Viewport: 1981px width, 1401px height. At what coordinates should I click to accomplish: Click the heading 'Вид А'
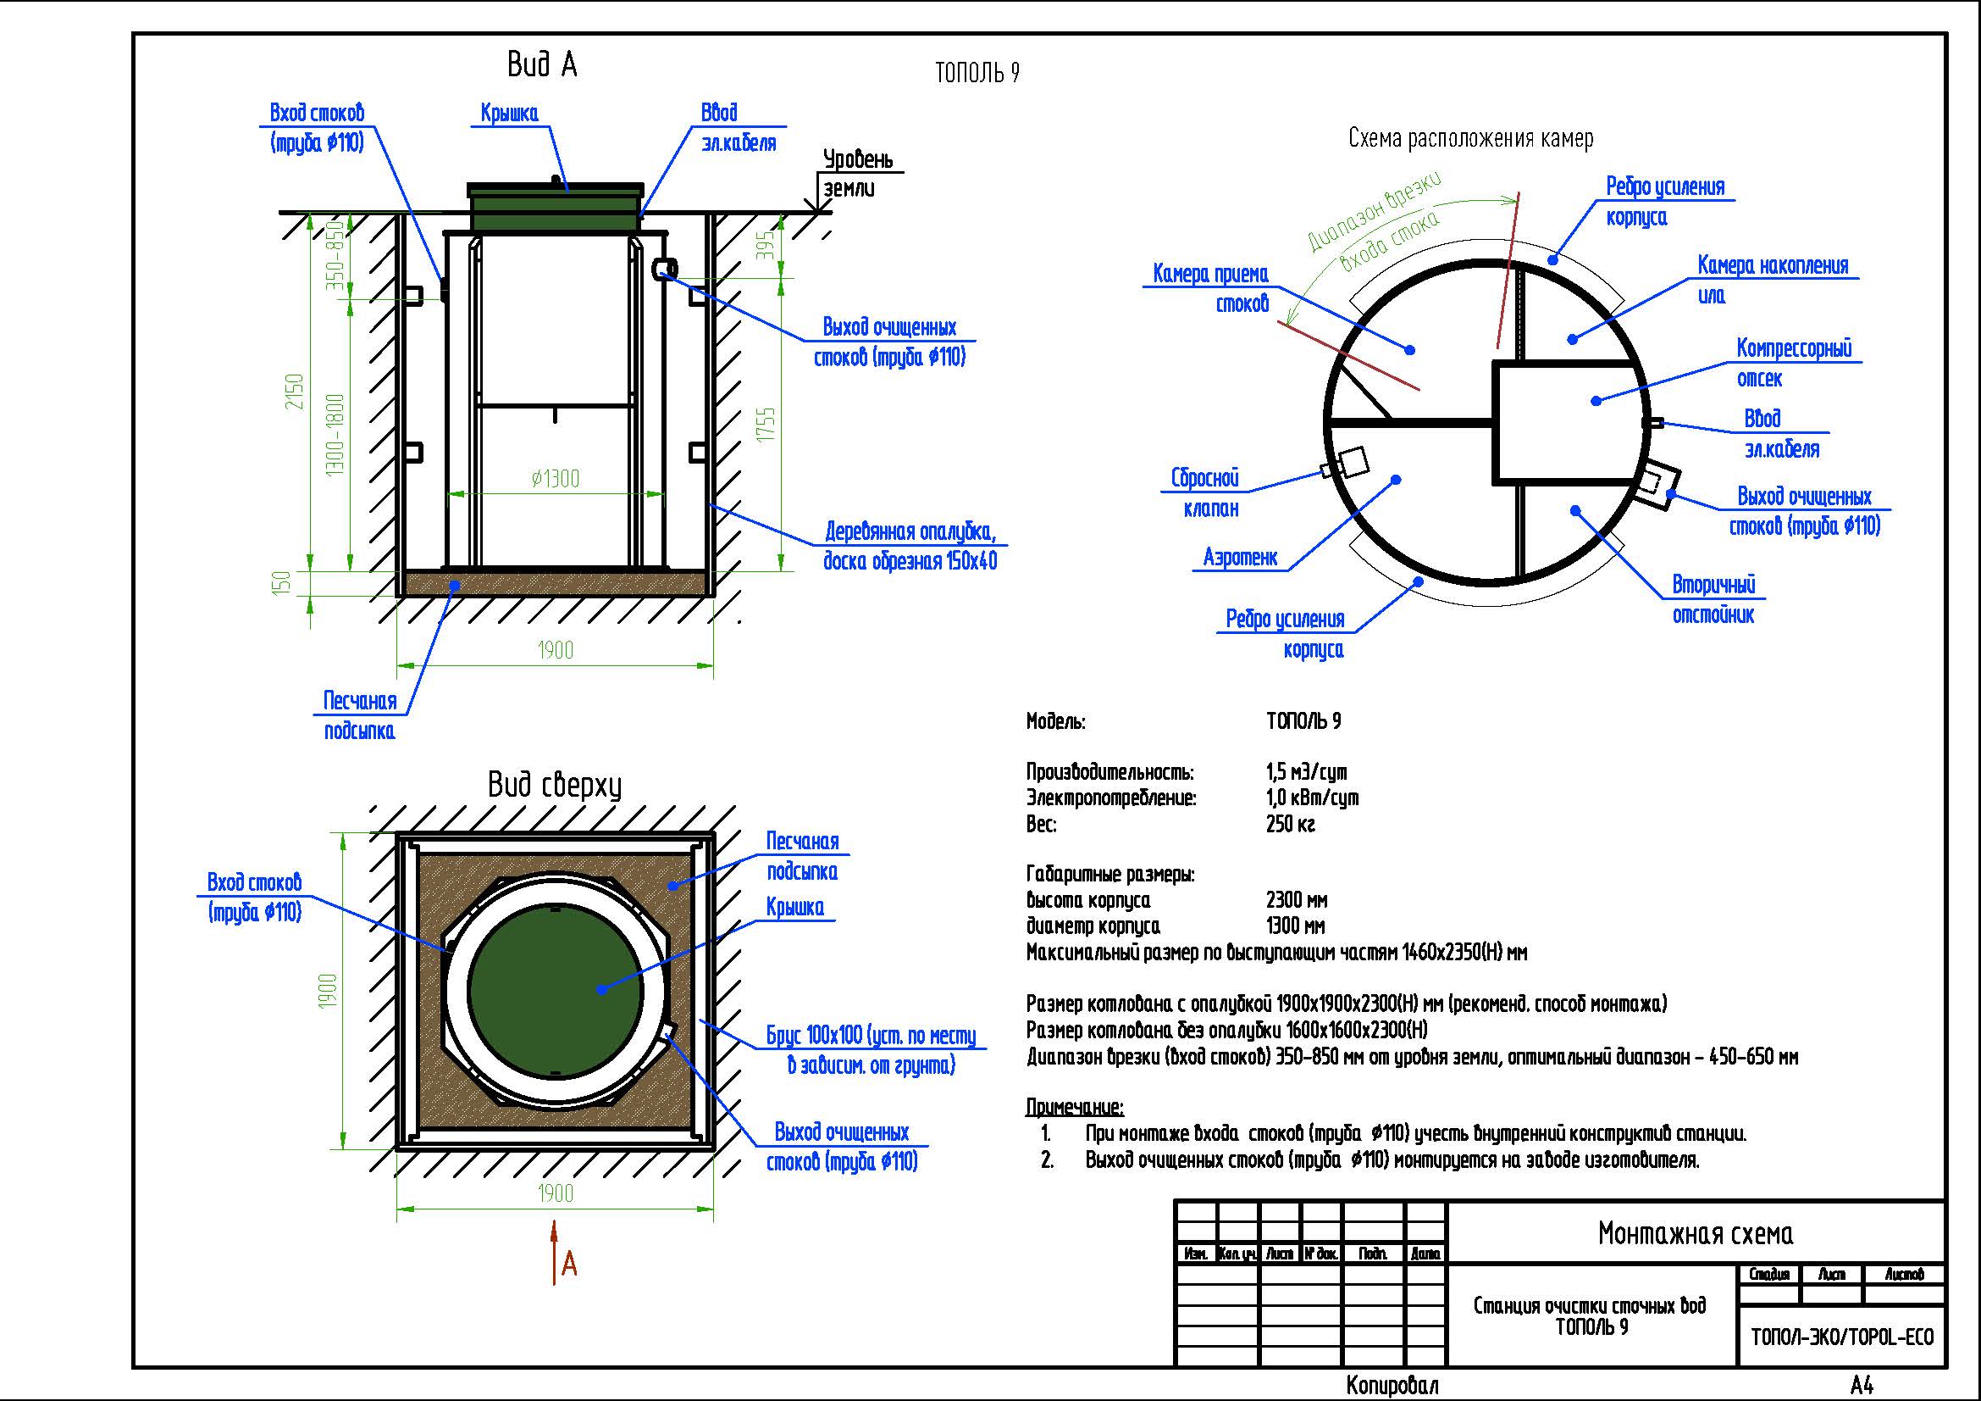tap(542, 64)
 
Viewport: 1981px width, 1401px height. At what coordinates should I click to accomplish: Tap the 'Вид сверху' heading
tap(554, 785)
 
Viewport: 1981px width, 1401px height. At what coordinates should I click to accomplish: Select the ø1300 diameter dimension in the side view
tap(556, 478)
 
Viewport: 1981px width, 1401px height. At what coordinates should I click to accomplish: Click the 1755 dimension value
tap(766, 425)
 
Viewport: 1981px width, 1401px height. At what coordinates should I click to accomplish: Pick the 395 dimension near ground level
tap(766, 245)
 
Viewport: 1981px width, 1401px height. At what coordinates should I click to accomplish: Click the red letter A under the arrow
tap(568, 1265)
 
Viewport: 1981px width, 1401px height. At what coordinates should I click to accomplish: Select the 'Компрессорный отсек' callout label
tap(1794, 364)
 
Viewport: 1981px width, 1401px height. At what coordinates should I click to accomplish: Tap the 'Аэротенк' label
tap(1240, 558)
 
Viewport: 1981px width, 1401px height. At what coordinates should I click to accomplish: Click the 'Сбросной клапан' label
tap(1205, 493)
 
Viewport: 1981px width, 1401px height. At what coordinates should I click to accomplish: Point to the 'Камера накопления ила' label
tap(1772, 280)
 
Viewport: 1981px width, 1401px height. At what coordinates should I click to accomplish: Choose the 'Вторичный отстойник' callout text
tap(1713, 600)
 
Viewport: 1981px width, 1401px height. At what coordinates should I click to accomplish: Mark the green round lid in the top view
tap(556, 988)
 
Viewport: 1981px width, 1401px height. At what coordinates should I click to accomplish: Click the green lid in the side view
tap(556, 208)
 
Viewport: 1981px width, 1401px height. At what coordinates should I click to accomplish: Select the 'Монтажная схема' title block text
tap(1696, 1233)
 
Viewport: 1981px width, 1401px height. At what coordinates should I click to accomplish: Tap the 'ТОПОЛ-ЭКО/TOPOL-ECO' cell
tap(1842, 1337)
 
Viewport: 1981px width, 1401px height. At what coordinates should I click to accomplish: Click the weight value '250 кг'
tap(1291, 825)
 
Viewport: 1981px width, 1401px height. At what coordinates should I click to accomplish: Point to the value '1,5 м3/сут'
tap(1306, 772)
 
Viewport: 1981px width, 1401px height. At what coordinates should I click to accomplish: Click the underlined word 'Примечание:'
tap(1075, 1107)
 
